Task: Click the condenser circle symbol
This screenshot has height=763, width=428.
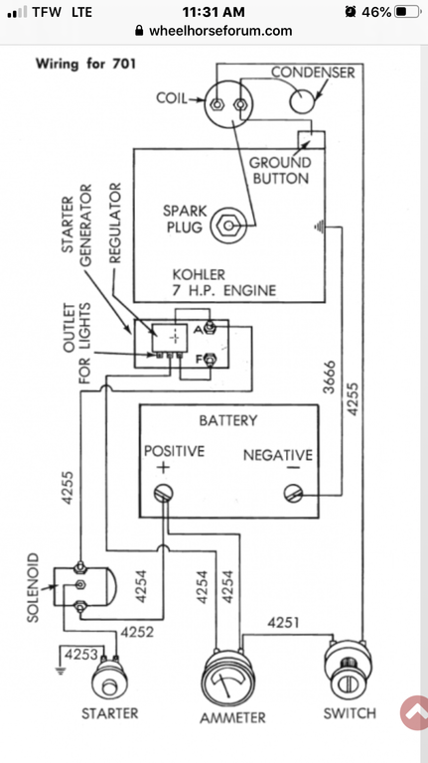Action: coord(303,101)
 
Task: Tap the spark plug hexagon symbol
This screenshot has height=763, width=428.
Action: coord(227,226)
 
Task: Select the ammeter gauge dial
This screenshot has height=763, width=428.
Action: coord(227,679)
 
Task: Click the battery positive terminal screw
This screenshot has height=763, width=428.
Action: coord(164,494)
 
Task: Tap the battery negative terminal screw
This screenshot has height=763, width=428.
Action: coord(293,494)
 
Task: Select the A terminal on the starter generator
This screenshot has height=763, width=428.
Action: coord(210,328)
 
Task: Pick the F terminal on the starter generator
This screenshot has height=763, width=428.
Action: coord(210,360)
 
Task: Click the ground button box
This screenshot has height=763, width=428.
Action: coord(311,140)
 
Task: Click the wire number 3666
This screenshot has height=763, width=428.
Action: coord(330,378)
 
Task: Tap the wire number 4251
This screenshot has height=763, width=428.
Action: coord(283,623)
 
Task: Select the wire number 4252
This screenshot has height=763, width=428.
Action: coord(137,632)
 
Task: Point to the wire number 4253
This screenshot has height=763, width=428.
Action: coord(81,654)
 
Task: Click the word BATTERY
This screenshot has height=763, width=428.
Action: coord(228,420)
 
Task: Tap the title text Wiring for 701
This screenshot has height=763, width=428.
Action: coord(85,64)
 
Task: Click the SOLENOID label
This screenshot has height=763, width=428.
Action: coord(33,587)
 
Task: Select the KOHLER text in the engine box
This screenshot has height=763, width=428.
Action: coord(199,274)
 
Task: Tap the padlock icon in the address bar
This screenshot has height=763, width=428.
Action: coord(140,31)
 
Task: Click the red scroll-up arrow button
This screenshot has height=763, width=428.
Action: coord(414,712)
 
